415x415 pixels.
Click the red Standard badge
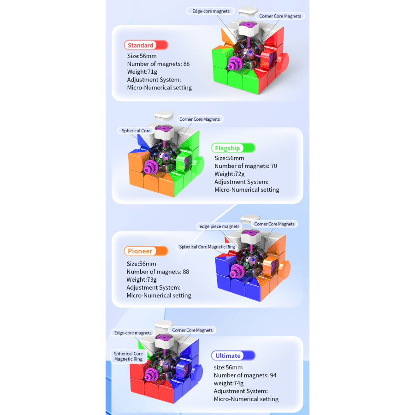click(x=146, y=45)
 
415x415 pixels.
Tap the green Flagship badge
click(x=233, y=148)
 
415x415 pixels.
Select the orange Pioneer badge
click(x=146, y=251)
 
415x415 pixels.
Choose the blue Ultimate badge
click(x=233, y=356)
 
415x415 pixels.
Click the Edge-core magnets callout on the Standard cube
click(x=211, y=11)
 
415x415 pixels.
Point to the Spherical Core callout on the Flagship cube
click(x=136, y=131)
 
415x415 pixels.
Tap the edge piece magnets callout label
click(x=219, y=226)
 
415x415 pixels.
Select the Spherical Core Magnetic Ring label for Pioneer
click(x=207, y=247)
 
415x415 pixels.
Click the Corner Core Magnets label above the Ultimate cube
click(x=192, y=330)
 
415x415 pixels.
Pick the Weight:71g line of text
click(x=142, y=72)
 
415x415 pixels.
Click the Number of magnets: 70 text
click(x=246, y=166)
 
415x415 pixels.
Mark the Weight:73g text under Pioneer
click(x=142, y=279)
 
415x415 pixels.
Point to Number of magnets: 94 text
click(x=245, y=375)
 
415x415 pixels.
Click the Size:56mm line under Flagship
click(x=229, y=158)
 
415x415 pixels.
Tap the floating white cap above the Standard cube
click(x=248, y=11)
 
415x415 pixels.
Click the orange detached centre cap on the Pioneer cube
click(x=284, y=269)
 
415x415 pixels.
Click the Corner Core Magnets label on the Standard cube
click(x=280, y=16)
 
